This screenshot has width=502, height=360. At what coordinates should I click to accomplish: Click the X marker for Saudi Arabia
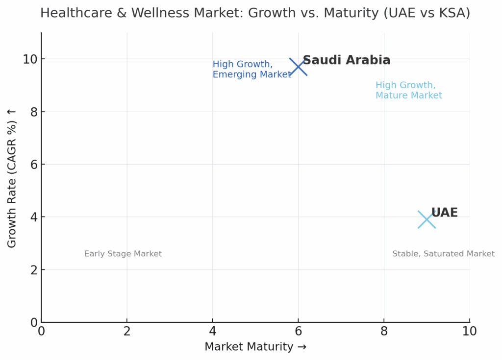(x=298, y=67)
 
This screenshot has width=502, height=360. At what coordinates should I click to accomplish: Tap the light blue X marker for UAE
(x=427, y=219)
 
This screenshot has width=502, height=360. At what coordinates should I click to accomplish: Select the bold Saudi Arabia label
(x=346, y=60)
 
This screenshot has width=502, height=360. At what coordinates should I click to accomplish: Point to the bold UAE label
(x=444, y=213)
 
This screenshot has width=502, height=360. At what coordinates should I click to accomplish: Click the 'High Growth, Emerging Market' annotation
(x=251, y=70)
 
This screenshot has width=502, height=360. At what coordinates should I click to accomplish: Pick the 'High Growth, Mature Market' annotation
(x=408, y=90)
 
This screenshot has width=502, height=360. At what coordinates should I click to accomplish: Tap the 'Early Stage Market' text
(x=123, y=254)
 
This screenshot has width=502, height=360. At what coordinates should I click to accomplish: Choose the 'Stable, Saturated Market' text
(x=443, y=254)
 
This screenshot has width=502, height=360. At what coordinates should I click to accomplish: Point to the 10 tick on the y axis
(x=29, y=59)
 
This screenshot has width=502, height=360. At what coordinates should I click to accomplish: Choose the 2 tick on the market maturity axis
(x=127, y=332)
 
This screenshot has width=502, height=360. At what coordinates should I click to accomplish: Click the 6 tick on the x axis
(x=298, y=332)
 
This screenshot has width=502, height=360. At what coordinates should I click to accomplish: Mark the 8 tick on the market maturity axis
(x=384, y=332)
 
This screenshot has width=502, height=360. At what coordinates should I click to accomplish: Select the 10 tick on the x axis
(x=469, y=332)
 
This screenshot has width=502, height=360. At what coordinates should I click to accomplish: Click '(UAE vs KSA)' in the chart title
(x=427, y=13)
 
